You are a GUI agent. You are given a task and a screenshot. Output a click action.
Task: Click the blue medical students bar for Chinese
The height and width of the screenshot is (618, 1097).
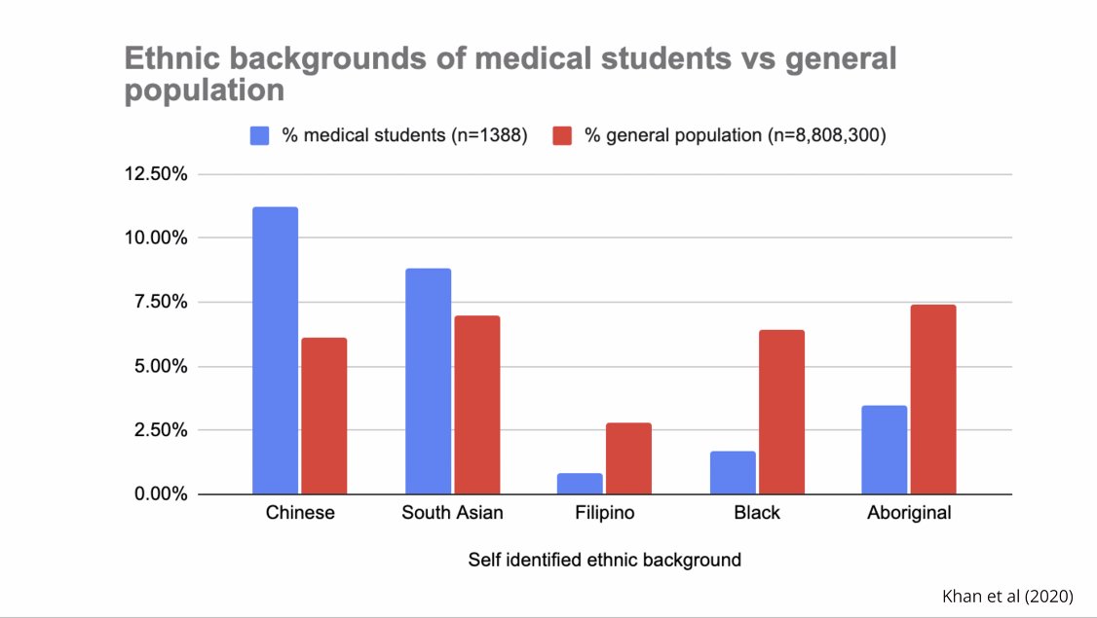pos(275,350)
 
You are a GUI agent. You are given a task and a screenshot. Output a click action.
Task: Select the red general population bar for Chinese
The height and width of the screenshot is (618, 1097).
pos(323,416)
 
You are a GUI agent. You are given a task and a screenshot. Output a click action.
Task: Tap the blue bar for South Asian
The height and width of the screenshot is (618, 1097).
pos(428,381)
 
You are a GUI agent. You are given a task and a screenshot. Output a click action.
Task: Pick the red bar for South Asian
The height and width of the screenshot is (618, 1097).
pos(476,405)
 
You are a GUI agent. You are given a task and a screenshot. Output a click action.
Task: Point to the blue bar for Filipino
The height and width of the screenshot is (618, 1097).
pos(580,484)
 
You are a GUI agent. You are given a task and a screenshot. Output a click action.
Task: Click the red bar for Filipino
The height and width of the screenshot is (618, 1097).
pos(628,458)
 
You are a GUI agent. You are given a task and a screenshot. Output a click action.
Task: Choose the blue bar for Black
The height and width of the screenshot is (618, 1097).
pos(733,473)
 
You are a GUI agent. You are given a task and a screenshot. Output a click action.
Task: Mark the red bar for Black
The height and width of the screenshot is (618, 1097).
pos(781,412)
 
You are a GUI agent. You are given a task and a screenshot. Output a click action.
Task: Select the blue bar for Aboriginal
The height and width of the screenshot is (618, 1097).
pos(885,450)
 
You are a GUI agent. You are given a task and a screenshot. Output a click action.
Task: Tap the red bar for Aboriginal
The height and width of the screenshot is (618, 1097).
pos(933,399)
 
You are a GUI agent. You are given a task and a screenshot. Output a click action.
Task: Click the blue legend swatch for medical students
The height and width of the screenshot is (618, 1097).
pos(260,136)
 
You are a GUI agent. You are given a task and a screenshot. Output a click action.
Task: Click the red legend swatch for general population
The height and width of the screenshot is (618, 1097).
pos(562,136)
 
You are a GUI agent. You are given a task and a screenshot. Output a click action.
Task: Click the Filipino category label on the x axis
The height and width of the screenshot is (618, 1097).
pos(604,513)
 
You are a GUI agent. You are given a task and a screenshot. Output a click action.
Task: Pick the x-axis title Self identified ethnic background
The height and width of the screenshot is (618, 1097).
pos(604,560)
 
